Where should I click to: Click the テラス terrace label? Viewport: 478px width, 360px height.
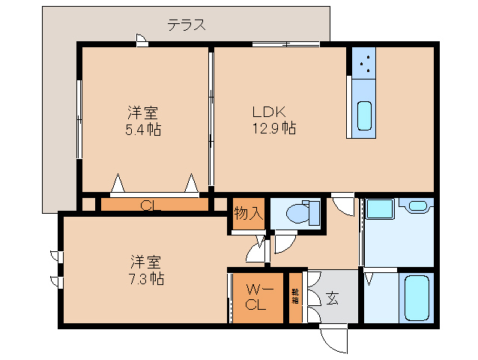(186, 24)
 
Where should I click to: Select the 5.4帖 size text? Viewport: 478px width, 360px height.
(142, 129)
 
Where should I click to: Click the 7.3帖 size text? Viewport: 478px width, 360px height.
(146, 278)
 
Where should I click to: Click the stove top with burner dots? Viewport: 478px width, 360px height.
(366, 65)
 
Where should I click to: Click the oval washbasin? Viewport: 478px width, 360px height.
(417, 205)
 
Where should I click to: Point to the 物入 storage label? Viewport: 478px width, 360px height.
(248, 213)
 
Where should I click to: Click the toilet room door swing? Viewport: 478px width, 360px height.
(285, 241)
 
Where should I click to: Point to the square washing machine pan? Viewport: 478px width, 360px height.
(381, 211)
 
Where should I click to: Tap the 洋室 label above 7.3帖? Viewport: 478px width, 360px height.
(146, 262)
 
